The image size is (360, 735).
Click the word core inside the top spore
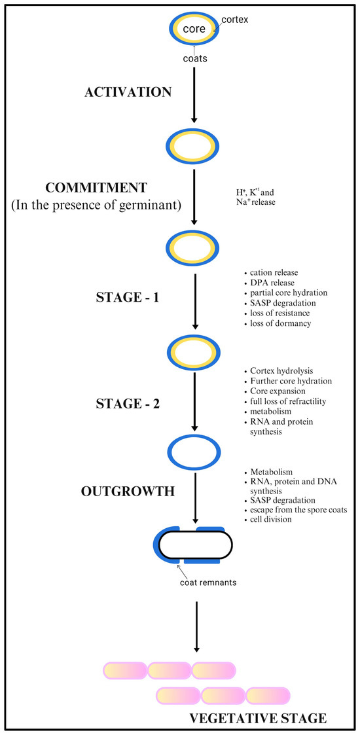tap(194, 29)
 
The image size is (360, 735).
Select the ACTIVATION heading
tap(128, 92)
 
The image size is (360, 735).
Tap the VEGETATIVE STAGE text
tap(257, 718)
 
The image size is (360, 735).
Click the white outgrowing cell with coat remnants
tap(194, 545)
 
